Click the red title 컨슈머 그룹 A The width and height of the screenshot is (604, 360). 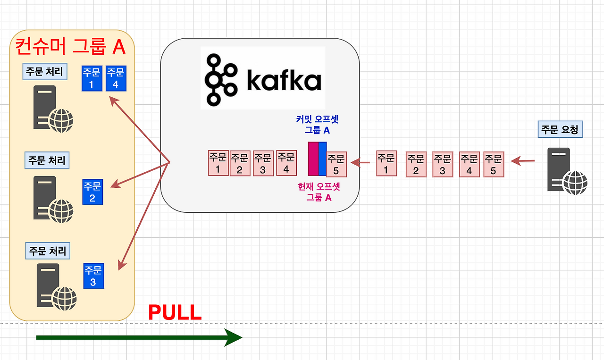[x=70, y=47]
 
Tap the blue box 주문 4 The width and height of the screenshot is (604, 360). [x=116, y=78]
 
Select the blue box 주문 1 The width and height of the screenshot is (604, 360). [x=92, y=78]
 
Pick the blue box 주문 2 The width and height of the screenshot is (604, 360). [x=93, y=192]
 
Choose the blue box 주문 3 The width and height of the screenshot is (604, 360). [x=93, y=276]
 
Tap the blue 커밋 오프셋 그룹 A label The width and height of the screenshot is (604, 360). [x=317, y=125]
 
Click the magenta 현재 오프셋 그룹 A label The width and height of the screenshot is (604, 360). [x=319, y=192]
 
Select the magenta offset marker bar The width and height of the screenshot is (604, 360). [x=313, y=159]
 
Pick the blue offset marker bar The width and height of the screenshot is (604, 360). [x=322, y=159]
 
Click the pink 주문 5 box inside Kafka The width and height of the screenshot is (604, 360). [x=336, y=164]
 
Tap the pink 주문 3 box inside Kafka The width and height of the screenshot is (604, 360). [x=263, y=163]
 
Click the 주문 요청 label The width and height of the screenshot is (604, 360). [x=560, y=129]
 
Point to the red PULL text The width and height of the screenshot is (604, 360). [x=175, y=312]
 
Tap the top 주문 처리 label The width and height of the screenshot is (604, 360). [x=45, y=71]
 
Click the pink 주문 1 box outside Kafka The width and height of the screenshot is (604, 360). [x=386, y=163]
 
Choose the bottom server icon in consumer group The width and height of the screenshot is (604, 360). [x=57, y=287]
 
